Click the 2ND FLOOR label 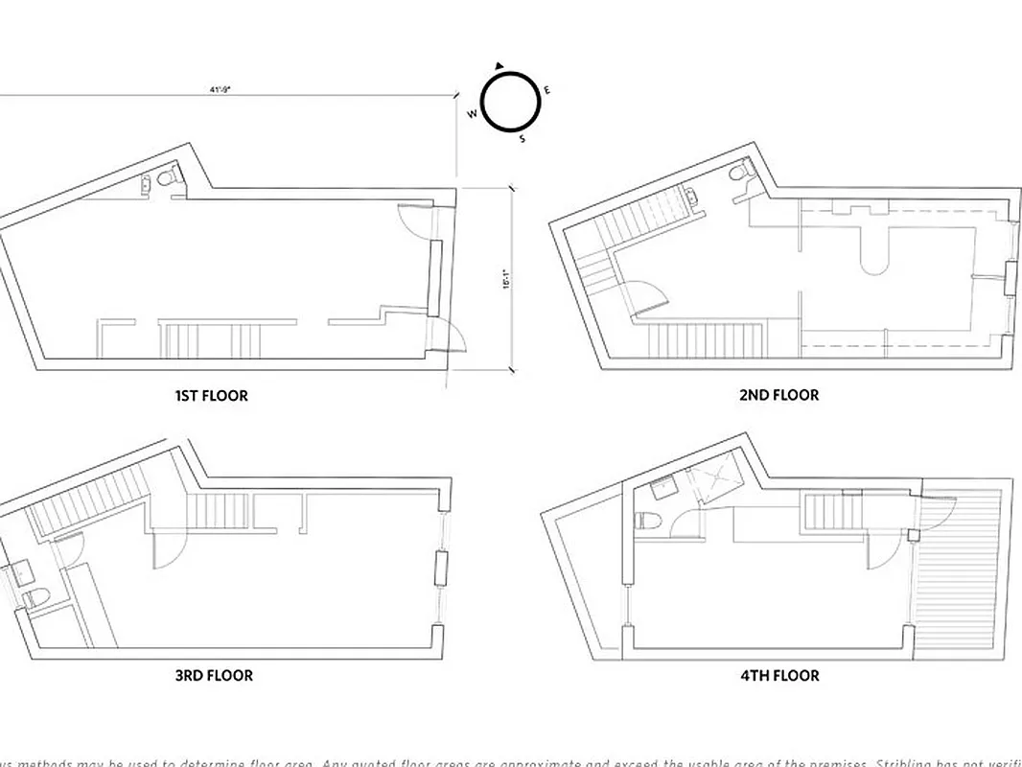pos(778,395)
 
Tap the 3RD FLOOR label pos(214,675)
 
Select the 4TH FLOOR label pos(779,675)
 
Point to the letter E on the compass pos(546,90)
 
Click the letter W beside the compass pos(472,113)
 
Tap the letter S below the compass pos(522,139)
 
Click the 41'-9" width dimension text pos(221,89)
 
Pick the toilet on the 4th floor pos(648,522)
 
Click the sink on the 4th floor pos(662,489)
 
